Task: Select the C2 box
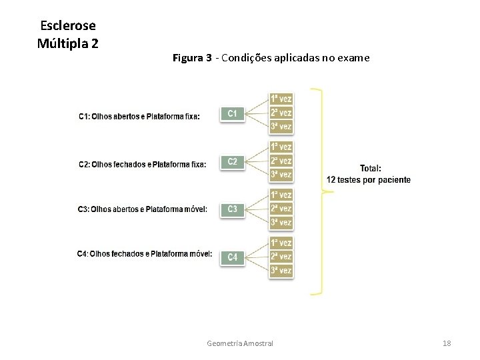pyautogui.click(x=232, y=161)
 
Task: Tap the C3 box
pyautogui.click(x=232, y=209)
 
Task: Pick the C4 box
pyautogui.click(x=232, y=257)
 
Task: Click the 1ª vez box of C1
pyautogui.click(x=281, y=99)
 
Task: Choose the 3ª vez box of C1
pyautogui.click(x=281, y=127)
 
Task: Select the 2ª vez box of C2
pyautogui.click(x=281, y=161)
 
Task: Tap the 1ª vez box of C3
pyautogui.click(x=281, y=195)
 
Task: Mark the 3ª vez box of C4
pyautogui.click(x=281, y=271)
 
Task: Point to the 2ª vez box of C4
pyautogui.click(x=281, y=257)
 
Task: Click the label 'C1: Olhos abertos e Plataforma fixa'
pyautogui.click(x=139, y=117)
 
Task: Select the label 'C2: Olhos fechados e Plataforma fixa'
pyautogui.click(x=142, y=164)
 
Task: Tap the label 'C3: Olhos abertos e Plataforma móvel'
pyautogui.click(x=143, y=209)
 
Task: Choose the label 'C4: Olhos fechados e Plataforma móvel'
pyautogui.click(x=145, y=253)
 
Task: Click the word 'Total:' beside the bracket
pyautogui.click(x=371, y=169)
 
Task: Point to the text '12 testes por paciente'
pyautogui.click(x=369, y=180)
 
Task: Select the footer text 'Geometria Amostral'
pyautogui.click(x=240, y=343)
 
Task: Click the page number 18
pyautogui.click(x=447, y=343)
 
